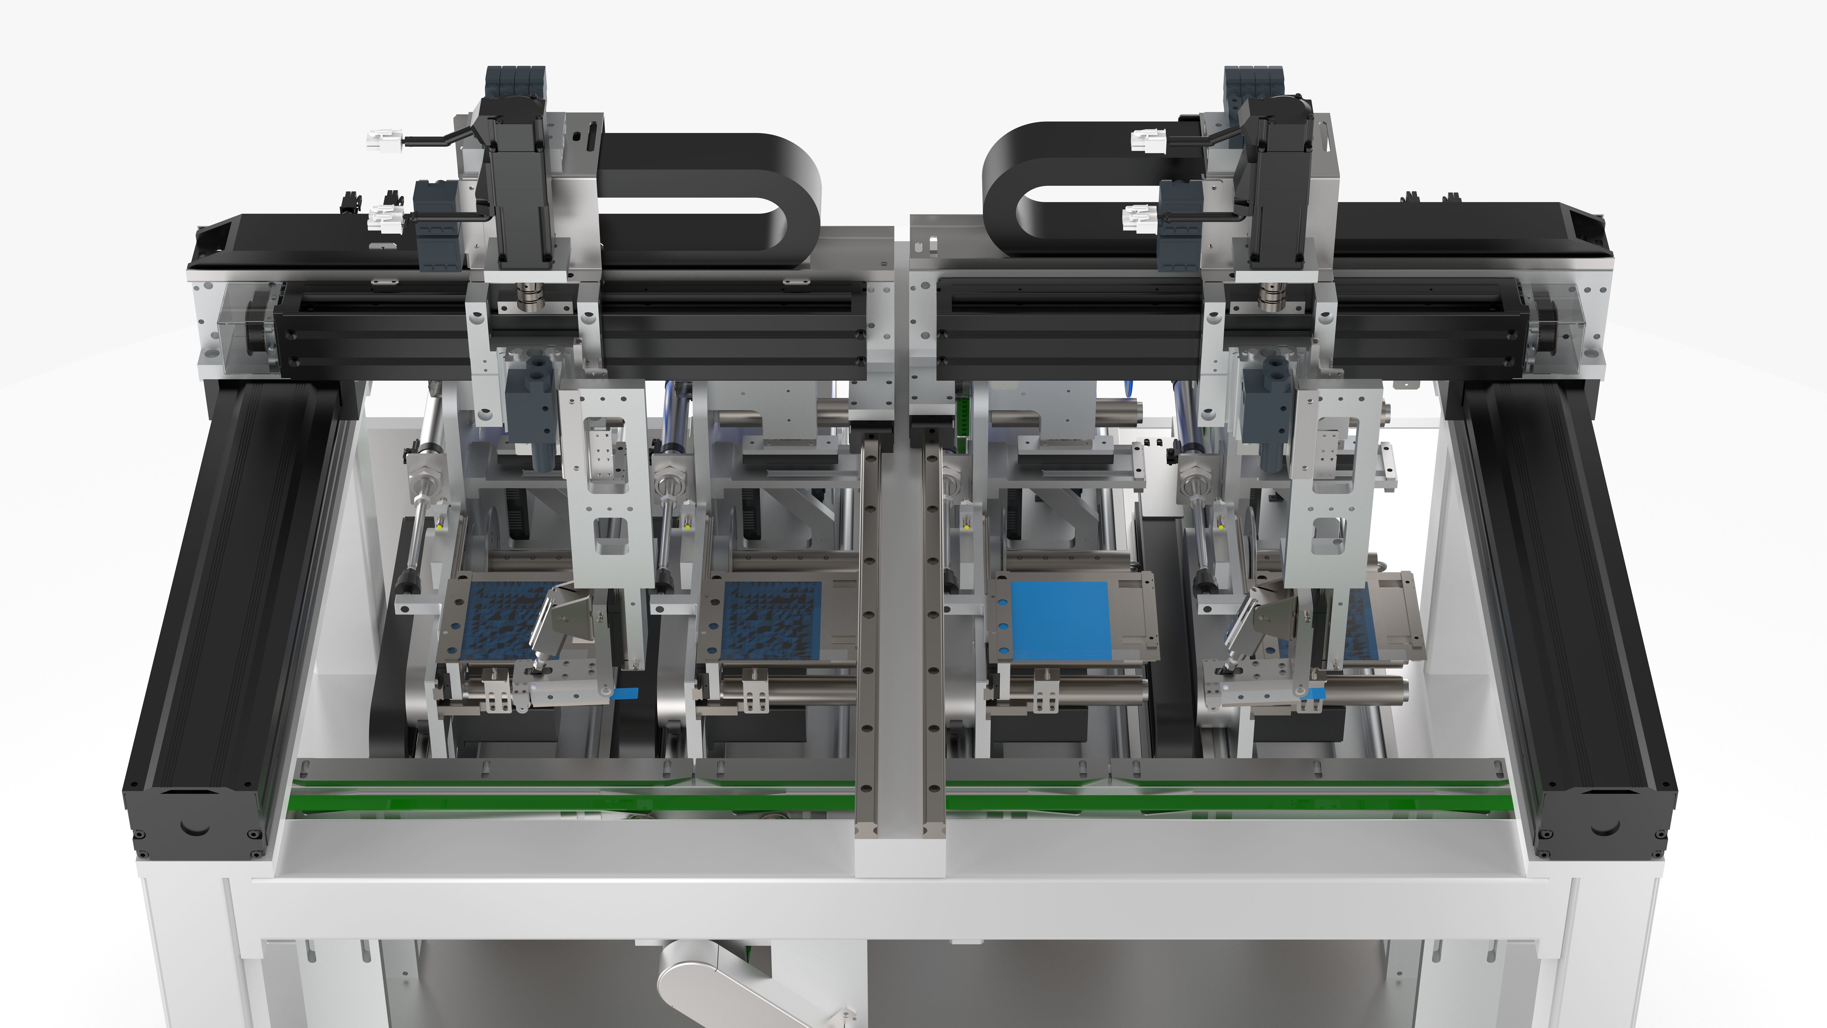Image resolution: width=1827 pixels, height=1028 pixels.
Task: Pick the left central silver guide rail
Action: point(867,638)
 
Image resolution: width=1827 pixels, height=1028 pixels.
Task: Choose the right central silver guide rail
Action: point(935,638)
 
